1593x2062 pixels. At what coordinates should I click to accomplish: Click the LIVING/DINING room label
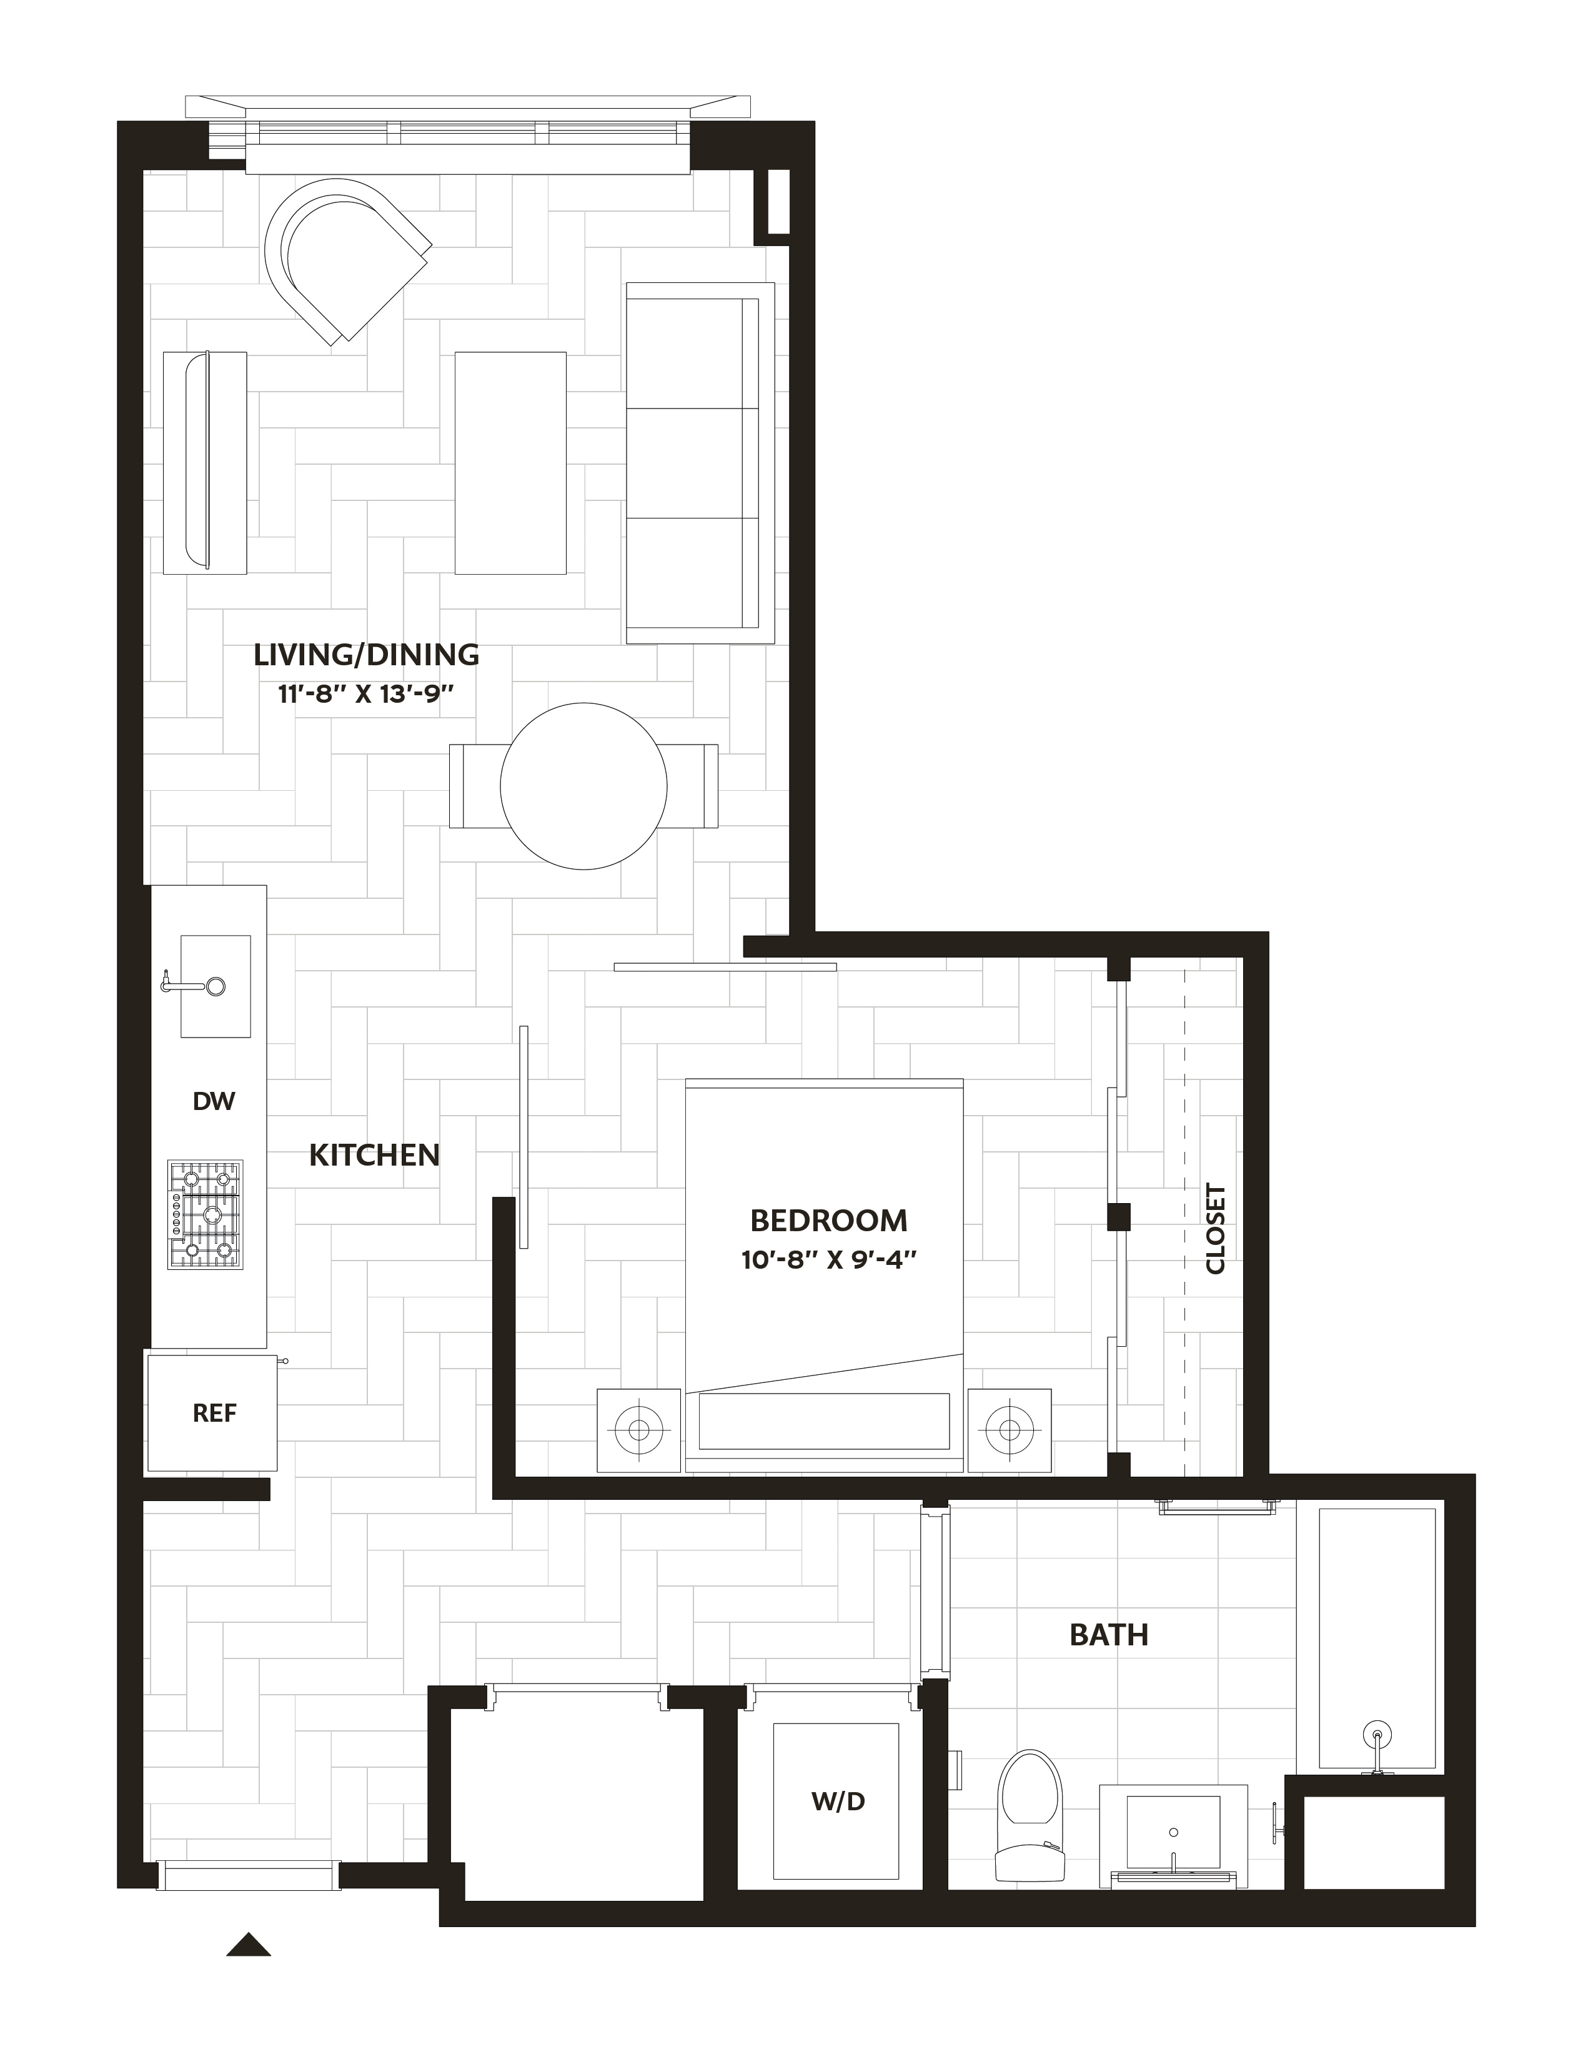click(x=366, y=654)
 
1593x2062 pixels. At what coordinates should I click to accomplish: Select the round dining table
click(x=583, y=786)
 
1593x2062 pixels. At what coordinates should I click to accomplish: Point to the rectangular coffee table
click(x=511, y=463)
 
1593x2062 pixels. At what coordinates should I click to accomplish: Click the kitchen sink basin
click(x=216, y=986)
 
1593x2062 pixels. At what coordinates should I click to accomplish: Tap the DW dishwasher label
click(x=214, y=1101)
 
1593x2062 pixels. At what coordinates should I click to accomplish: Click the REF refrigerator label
click(x=214, y=1414)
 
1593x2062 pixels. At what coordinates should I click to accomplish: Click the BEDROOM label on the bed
click(x=828, y=1221)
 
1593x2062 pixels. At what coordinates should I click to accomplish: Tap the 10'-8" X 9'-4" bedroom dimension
click(x=829, y=1261)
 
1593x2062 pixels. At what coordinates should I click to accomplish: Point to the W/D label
click(x=838, y=1802)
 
